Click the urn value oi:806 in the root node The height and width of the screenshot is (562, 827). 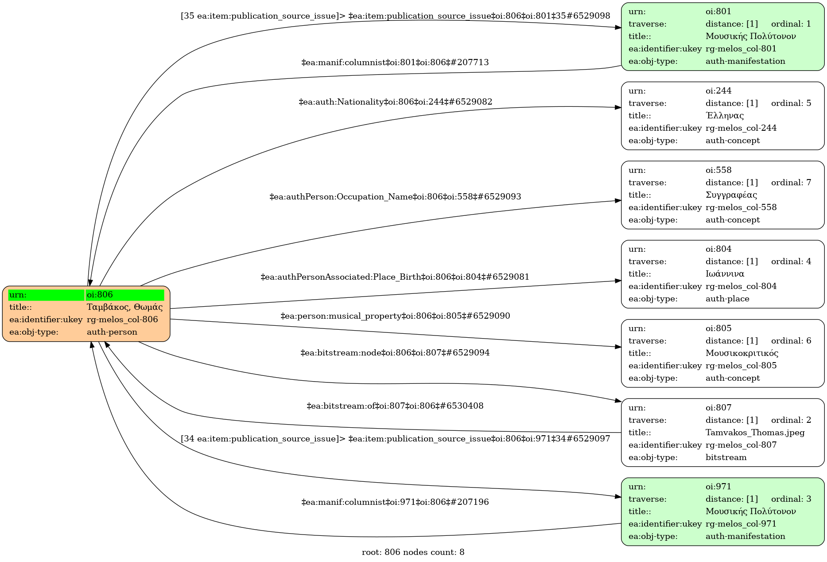(100, 295)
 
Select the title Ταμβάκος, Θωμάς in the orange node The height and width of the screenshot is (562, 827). (124, 307)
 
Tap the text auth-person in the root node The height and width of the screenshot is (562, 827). (112, 332)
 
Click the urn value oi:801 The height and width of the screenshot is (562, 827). (718, 12)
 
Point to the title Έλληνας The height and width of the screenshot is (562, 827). (725, 116)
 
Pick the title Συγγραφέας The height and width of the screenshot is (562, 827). (731, 195)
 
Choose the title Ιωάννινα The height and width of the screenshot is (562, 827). (725, 274)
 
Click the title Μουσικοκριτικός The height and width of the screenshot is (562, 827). (742, 353)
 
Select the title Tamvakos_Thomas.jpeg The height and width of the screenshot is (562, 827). (755, 433)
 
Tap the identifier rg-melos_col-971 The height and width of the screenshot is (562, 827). (741, 524)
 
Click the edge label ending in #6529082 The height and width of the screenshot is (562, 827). (396, 102)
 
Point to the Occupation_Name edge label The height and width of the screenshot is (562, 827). (395, 196)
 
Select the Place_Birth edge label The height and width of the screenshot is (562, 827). (395, 277)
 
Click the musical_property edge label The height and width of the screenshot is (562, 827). (395, 316)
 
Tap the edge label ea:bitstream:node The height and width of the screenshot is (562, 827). (395, 353)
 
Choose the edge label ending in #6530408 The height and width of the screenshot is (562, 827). (395, 406)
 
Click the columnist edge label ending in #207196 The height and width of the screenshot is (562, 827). (395, 502)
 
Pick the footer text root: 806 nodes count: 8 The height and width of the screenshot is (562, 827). (413, 552)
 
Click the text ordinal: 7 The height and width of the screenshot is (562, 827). (791, 183)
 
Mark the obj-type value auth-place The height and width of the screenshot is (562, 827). (727, 299)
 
